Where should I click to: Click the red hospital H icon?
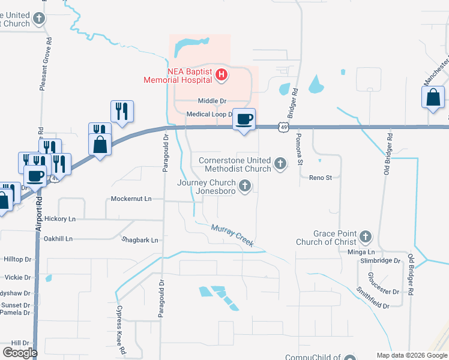pyautogui.click(x=221, y=75)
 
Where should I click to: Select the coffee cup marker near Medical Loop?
pyautogui.click(x=244, y=119)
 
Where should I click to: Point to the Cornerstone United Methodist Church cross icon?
pyautogui.click(x=280, y=163)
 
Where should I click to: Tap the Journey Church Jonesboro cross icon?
pyautogui.click(x=244, y=187)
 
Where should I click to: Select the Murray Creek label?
pyautogui.click(x=232, y=235)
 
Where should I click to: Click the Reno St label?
pyautogui.click(x=321, y=178)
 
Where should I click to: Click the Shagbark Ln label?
pyautogui.click(x=139, y=240)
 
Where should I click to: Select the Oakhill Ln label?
pyautogui.click(x=58, y=238)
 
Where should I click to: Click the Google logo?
pyautogui.click(x=20, y=352)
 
